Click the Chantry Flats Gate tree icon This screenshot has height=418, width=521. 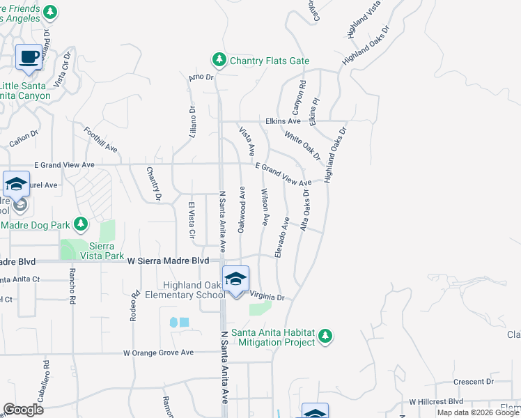219,61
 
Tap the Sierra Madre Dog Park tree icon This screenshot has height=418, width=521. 81,224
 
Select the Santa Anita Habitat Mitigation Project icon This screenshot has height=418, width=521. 325,336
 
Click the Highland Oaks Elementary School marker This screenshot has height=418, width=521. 235,280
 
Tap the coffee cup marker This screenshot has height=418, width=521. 29,57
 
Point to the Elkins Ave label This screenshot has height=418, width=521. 282,121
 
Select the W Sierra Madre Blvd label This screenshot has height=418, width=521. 169,261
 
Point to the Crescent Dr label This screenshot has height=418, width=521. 473,382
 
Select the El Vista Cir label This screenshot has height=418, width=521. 190,218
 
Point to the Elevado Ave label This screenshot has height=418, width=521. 281,238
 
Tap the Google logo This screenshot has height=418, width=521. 23,410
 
